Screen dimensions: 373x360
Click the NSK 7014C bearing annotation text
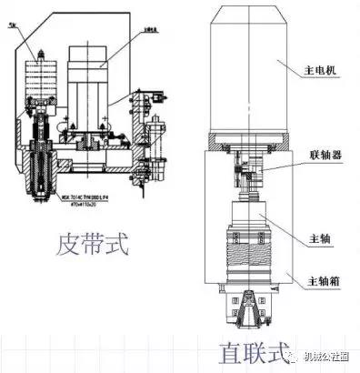pos(91,195)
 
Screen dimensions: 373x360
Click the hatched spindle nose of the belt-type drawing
pos(42,168)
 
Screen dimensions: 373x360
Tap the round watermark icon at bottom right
pos(295,357)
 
